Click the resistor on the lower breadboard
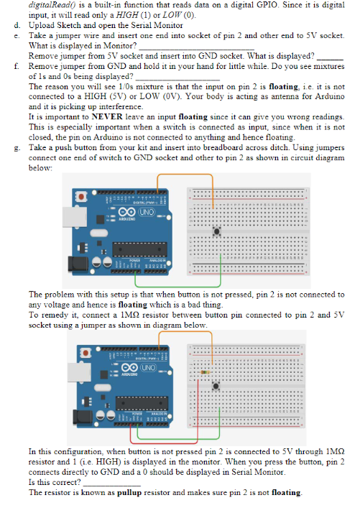tap(204, 372)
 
